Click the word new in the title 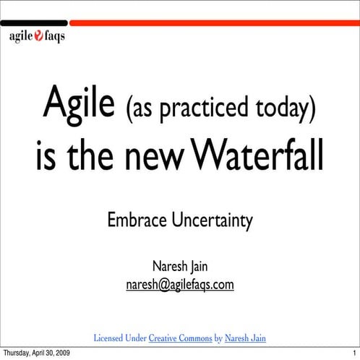[x=150, y=158]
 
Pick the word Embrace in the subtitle [x=134, y=220]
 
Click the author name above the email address [x=179, y=267]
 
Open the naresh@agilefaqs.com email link [x=179, y=285]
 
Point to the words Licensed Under [x=120, y=338]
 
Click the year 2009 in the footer [x=61, y=352]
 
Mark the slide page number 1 [x=354, y=352]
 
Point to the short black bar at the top [x=35, y=23]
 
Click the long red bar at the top [x=213, y=23]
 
